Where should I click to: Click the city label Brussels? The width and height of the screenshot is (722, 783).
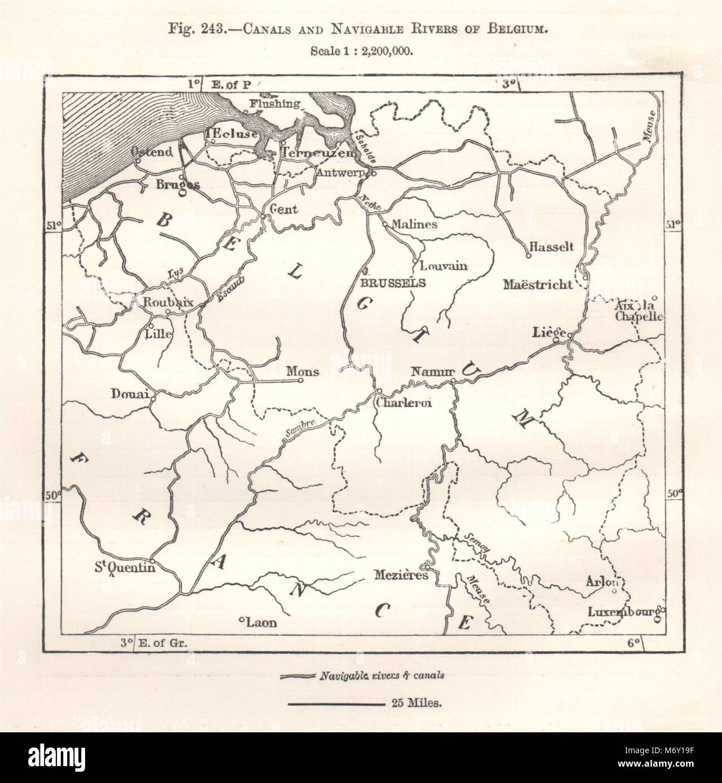[x=393, y=283]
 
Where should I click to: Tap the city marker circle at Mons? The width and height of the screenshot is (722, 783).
[x=301, y=380]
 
